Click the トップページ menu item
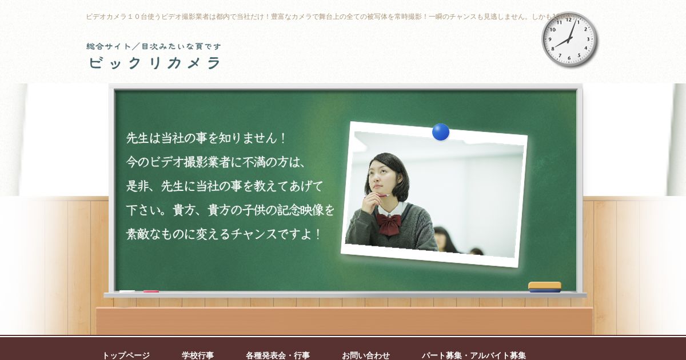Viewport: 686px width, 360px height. point(126,355)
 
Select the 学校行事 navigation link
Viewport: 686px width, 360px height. point(198,355)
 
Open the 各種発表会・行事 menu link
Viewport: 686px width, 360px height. point(278,355)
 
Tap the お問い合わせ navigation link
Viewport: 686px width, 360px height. point(366,355)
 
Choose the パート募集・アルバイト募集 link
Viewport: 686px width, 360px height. point(474,355)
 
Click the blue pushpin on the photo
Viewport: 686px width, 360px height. point(441,132)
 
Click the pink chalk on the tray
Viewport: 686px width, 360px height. point(151,291)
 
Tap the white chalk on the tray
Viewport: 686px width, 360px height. point(127,291)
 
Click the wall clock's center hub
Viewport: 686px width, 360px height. point(569,39)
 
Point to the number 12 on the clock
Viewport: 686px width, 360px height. point(569,20)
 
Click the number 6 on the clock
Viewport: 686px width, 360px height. point(569,58)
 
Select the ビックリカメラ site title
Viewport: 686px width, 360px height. point(155,63)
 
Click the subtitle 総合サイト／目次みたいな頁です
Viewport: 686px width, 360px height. point(154,46)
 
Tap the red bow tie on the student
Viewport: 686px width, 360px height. point(388,224)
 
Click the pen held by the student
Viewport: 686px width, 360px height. point(382,195)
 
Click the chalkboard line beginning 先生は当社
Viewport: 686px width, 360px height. point(206,138)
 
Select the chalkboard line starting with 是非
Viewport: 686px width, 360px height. point(225,186)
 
